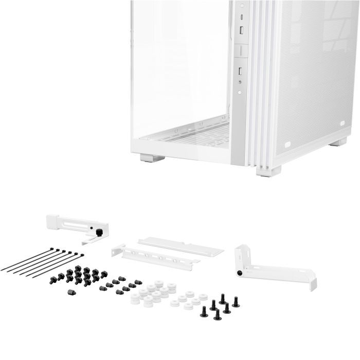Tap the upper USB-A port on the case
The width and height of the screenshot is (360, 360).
click(240, 30)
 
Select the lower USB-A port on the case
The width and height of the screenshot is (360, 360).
click(240, 69)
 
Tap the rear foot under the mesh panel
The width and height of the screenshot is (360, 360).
click(337, 141)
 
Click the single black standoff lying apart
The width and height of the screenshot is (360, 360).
click(71, 292)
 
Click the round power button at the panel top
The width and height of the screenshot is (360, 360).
click(240, 5)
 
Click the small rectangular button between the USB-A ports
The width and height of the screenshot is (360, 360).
click(240, 50)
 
